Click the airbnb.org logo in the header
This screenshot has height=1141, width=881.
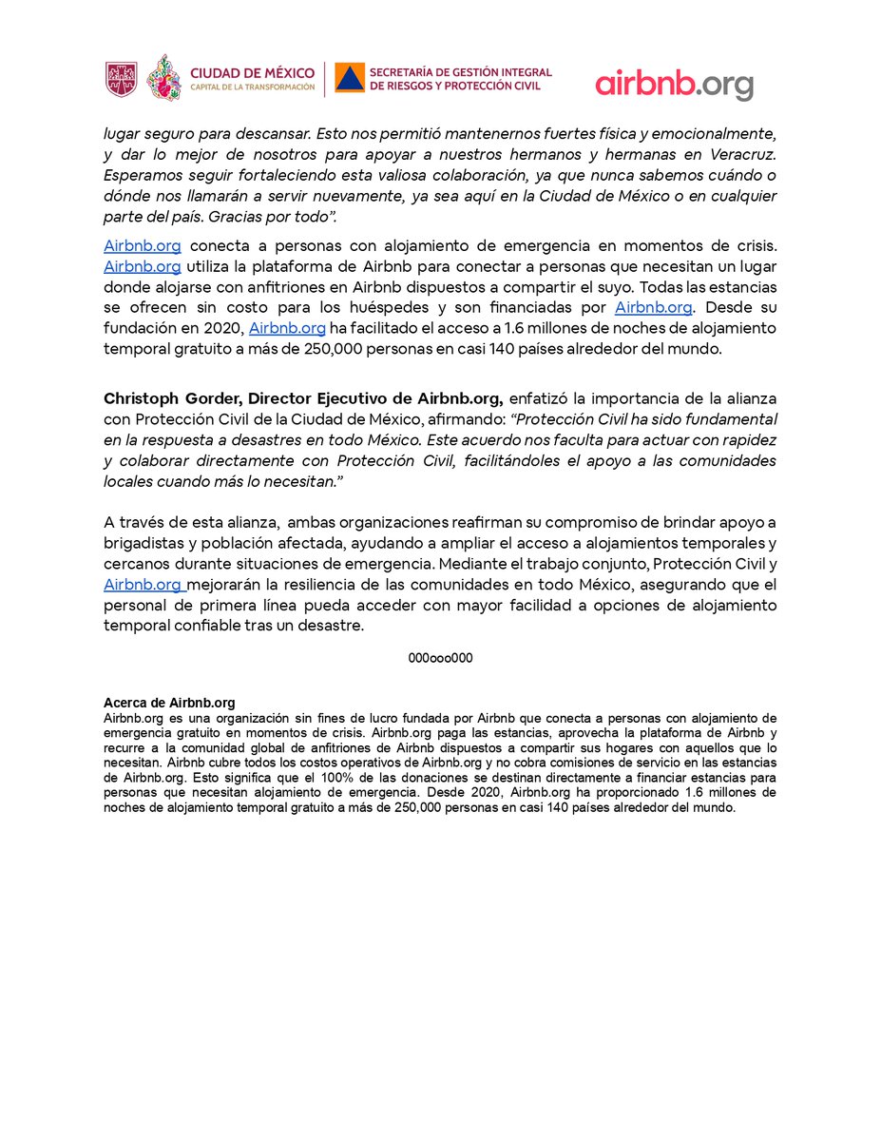(x=674, y=84)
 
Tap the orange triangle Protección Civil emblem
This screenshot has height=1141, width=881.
(x=350, y=79)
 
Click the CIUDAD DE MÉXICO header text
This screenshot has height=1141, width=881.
(x=252, y=72)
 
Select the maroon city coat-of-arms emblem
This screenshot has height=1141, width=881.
(x=121, y=79)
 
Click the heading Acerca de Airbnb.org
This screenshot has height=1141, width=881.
(x=169, y=703)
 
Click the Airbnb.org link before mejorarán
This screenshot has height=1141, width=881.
(x=143, y=586)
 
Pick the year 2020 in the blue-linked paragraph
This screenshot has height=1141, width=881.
(x=225, y=328)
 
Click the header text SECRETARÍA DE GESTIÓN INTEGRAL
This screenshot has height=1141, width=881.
(x=460, y=72)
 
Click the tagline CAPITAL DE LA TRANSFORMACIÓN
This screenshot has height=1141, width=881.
(x=252, y=87)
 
